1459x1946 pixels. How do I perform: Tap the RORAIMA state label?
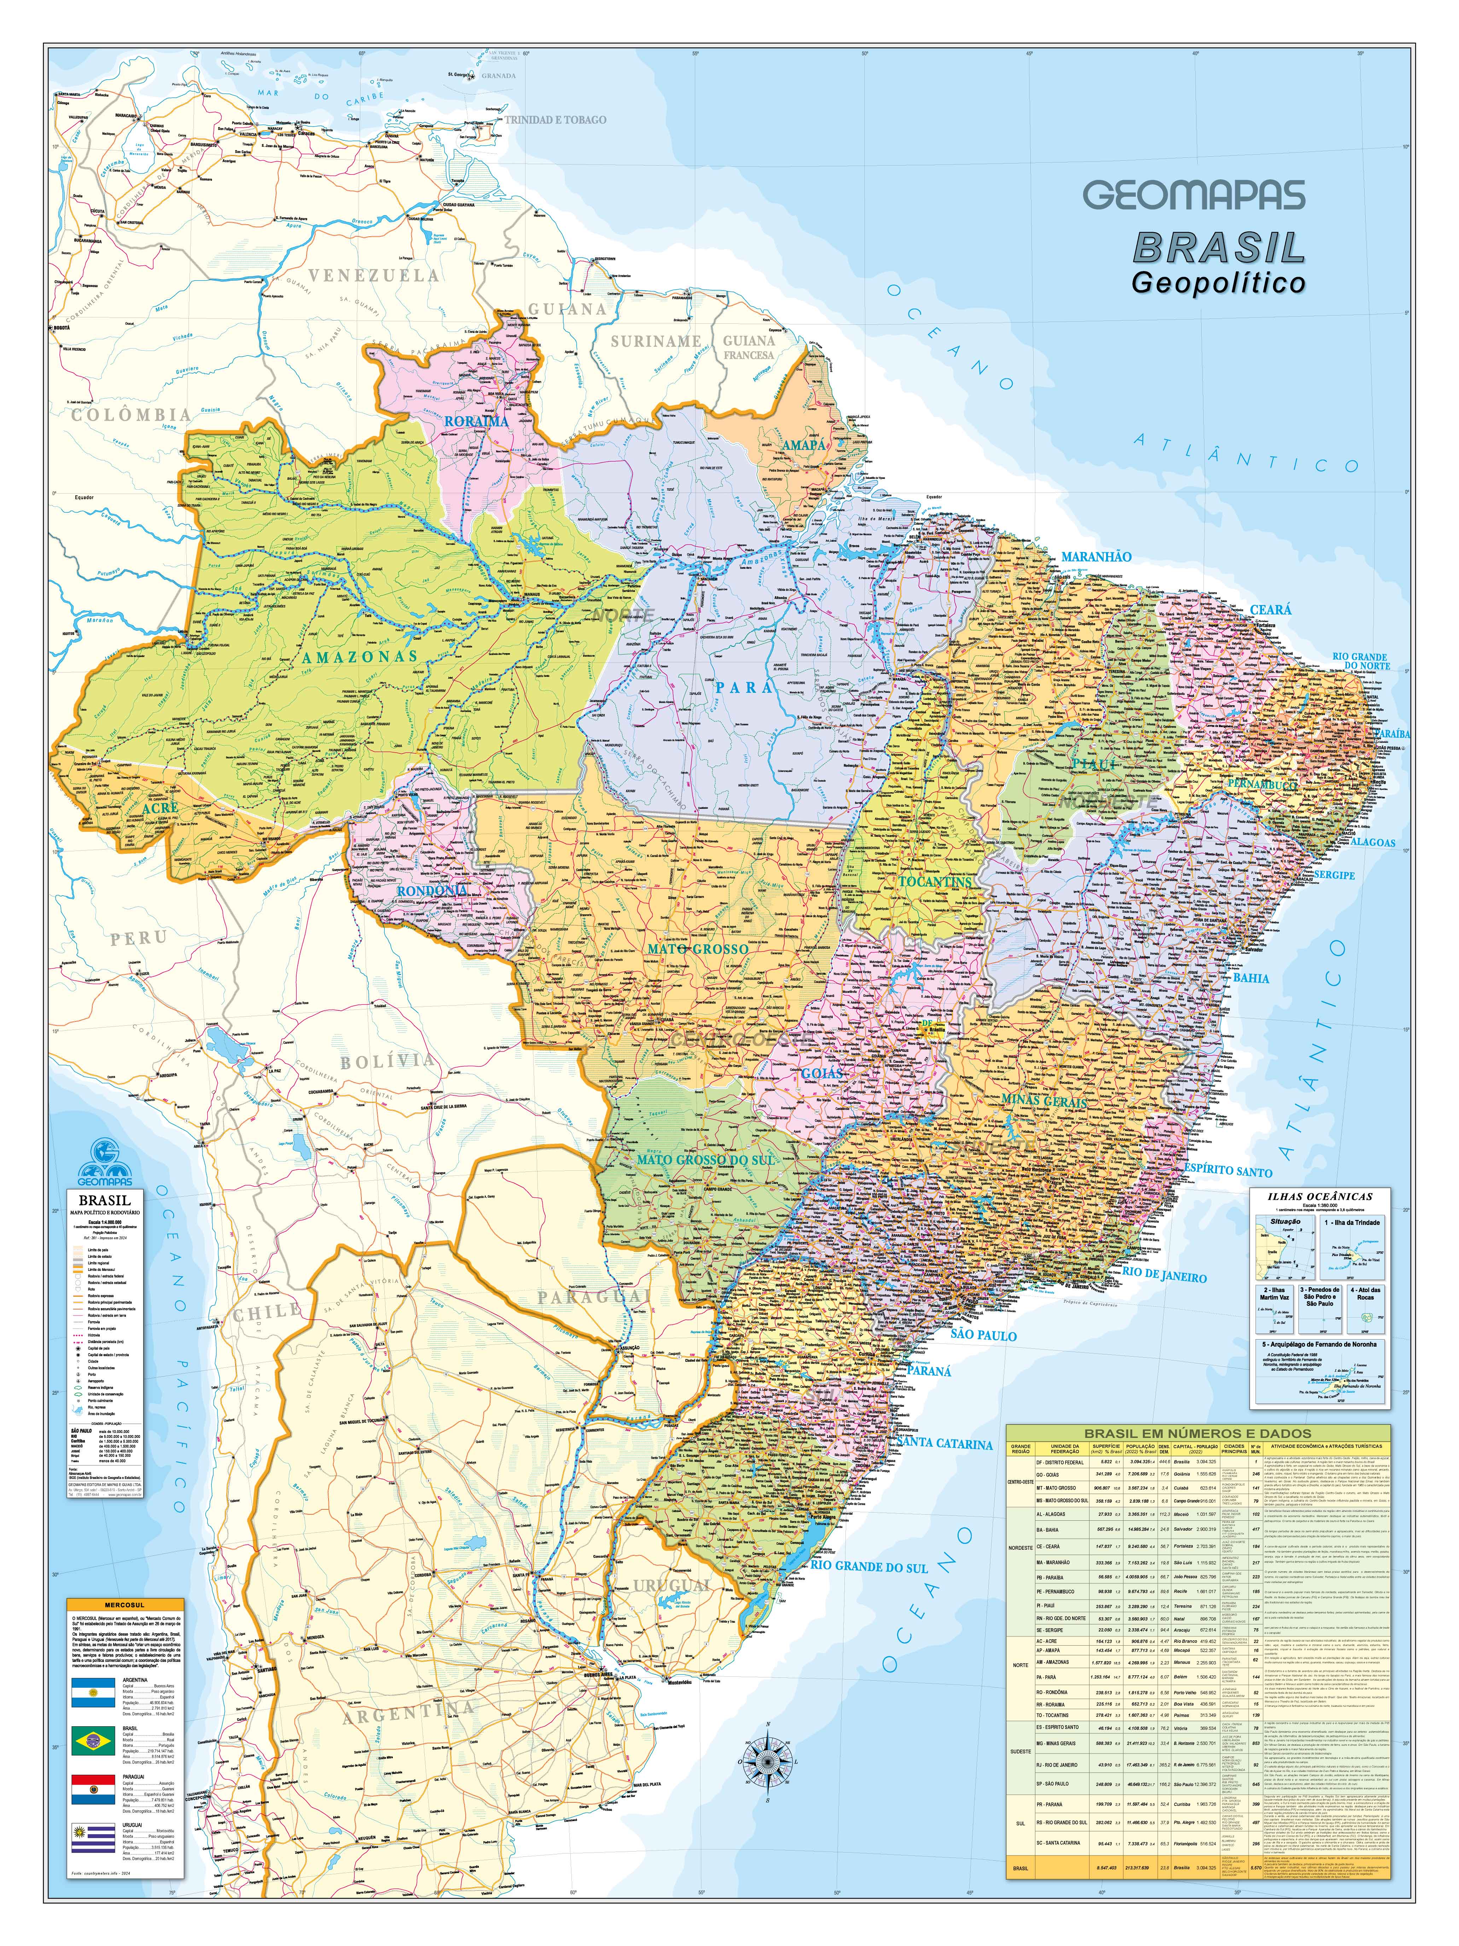click(476, 421)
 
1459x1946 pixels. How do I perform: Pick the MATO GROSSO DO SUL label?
click(706, 1159)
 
